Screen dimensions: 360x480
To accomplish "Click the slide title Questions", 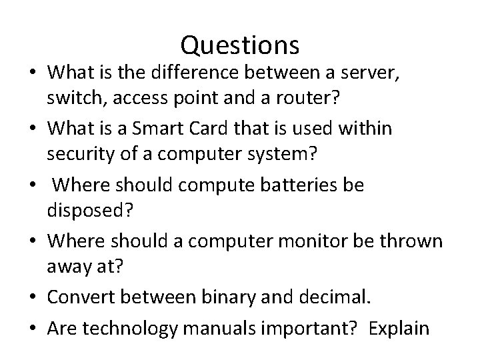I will click(239, 45).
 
